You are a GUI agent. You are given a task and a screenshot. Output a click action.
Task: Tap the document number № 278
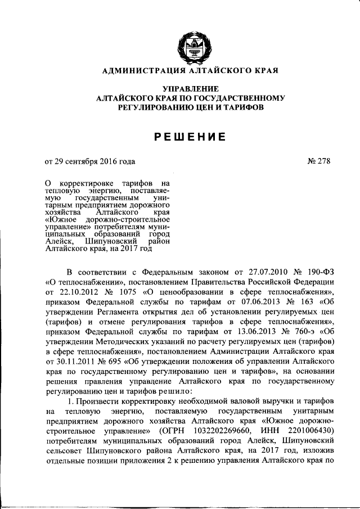click(x=319, y=161)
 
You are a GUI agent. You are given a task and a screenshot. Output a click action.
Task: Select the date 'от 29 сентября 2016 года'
click(x=90, y=161)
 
